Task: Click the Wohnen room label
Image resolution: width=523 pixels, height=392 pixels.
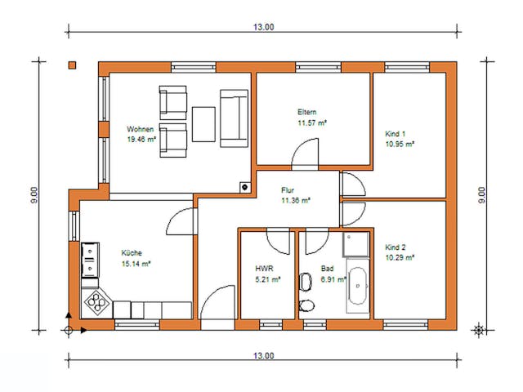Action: [x=140, y=129]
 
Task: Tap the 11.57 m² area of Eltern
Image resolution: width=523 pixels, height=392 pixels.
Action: [x=312, y=122]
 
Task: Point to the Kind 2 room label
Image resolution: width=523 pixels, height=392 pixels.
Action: [x=396, y=247]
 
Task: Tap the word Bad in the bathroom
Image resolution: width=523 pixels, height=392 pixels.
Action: [x=327, y=268]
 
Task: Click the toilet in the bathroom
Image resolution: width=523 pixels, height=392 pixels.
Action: [x=306, y=306]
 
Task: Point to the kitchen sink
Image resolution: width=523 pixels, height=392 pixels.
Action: [x=89, y=260]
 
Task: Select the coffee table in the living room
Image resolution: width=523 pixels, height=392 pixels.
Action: [x=204, y=123]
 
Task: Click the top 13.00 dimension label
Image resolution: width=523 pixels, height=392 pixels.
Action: [x=263, y=27]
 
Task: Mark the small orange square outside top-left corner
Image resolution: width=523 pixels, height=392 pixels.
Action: [x=73, y=65]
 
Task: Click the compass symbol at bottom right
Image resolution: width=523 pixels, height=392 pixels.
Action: [x=479, y=330]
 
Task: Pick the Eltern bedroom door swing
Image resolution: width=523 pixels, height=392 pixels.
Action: [x=307, y=154]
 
